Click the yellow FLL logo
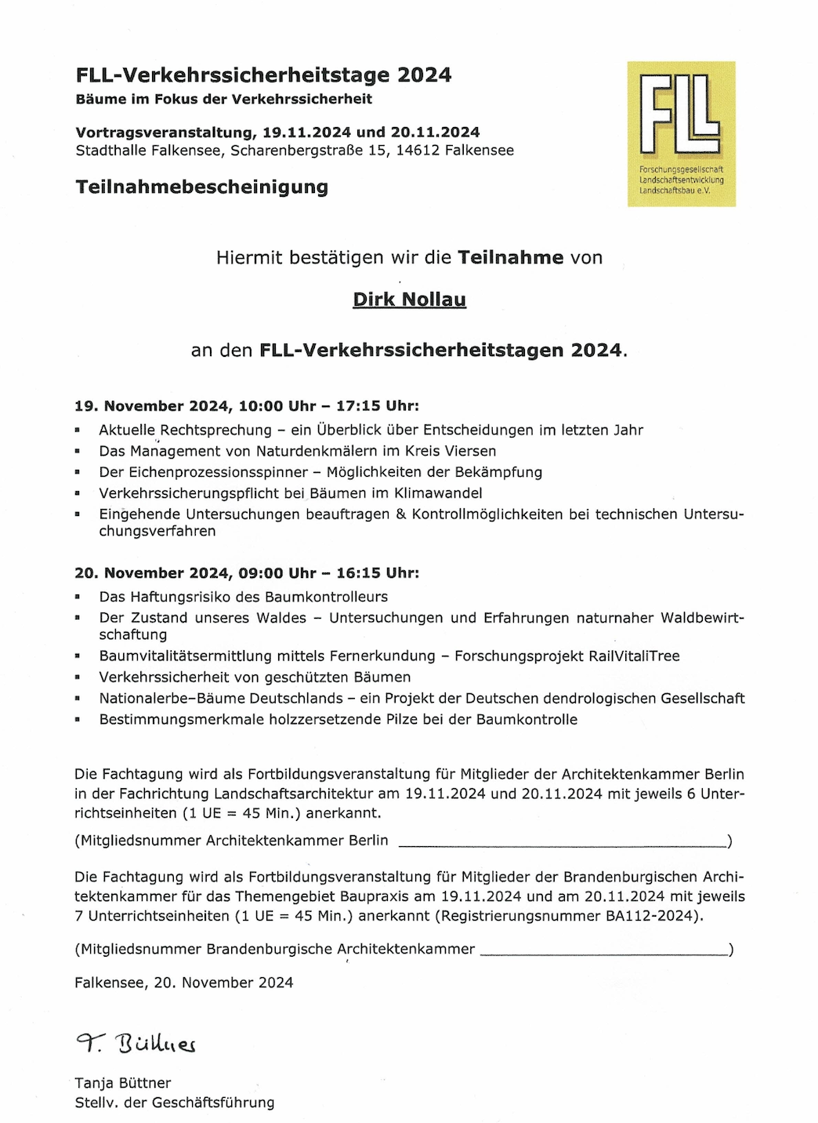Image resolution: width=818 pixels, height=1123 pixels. pos(681,133)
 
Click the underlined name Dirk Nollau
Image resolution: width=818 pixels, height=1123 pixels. pos(409,300)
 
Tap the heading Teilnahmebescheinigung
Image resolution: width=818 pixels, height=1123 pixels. pos(201,187)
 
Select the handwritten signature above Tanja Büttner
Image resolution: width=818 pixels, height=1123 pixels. pos(136,1043)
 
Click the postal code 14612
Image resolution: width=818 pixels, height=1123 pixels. pos(418,151)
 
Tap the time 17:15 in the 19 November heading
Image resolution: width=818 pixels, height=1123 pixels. pos(358,406)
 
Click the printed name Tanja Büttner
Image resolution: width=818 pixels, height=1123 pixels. pos(122,1083)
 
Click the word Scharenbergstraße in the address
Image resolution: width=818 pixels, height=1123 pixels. pos(298,151)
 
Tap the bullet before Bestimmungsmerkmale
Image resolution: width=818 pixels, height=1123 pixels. pos(78,720)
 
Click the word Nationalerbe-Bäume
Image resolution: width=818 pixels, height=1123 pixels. pos(221,699)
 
